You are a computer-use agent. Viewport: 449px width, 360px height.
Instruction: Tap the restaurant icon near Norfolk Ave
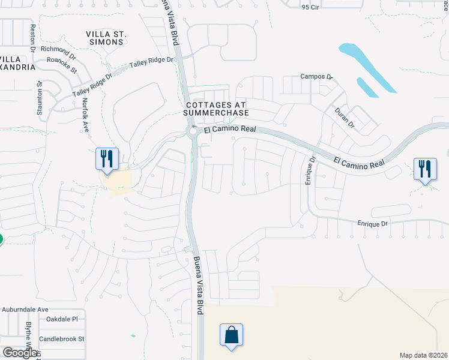(x=107, y=158)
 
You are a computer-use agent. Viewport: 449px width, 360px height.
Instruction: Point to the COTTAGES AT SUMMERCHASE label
(x=217, y=109)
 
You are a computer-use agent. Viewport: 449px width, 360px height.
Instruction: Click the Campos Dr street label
(x=316, y=77)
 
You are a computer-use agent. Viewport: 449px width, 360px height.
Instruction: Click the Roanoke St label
(x=63, y=65)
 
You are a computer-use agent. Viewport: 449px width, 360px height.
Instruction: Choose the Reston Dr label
(x=33, y=37)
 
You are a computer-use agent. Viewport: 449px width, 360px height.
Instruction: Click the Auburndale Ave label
(x=24, y=310)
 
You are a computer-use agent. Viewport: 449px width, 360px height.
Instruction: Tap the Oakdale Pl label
(x=62, y=319)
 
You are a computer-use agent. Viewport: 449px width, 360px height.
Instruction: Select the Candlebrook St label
(x=62, y=339)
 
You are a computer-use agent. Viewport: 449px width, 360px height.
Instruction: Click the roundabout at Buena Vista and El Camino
(x=193, y=131)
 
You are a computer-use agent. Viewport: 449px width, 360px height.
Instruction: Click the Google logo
(x=20, y=353)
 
